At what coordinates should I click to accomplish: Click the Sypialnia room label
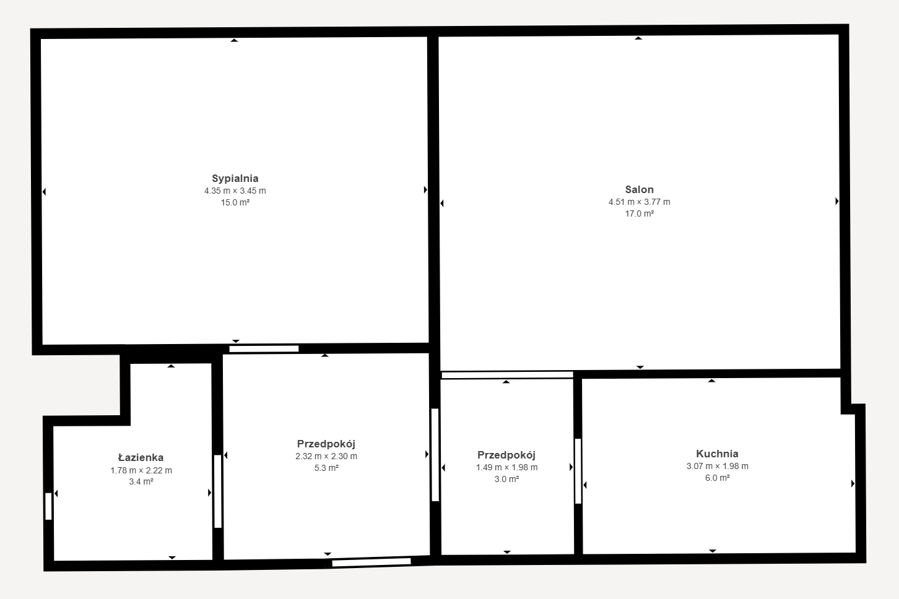click(x=235, y=179)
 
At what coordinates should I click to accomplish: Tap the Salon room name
click(x=640, y=189)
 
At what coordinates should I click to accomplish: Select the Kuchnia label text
click(x=717, y=454)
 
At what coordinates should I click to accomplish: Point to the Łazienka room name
click(x=141, y=457)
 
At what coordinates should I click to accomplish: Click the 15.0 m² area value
click(x=235, y=202)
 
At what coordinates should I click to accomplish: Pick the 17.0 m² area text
click(x=640, y=214)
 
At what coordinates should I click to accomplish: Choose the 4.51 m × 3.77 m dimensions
click(x=640, y=202)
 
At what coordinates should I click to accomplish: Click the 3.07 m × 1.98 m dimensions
click(x=717, y=466)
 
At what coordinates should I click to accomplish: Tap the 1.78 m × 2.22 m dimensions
click(x=141, y=470)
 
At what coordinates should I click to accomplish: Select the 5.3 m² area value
click(x=326, y=468)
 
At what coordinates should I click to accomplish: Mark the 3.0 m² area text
click(x=506, y=479)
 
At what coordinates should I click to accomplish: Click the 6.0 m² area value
click(x=717, y=478)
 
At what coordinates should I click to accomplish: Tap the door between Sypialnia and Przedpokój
click(x=264, y=349)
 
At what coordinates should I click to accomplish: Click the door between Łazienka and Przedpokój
click(x=218, y=491)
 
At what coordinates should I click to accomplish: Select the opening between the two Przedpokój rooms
click(x=435, y=455)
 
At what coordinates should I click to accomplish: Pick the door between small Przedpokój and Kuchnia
click(x=578, y=471)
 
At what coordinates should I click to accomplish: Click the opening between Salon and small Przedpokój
click(x=507, y=375)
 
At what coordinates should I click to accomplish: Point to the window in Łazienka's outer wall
click(x=48, y=506)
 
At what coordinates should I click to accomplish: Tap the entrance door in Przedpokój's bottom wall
click(x=371, y=562)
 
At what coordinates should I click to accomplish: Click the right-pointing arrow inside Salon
click(x=837, y=201)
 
